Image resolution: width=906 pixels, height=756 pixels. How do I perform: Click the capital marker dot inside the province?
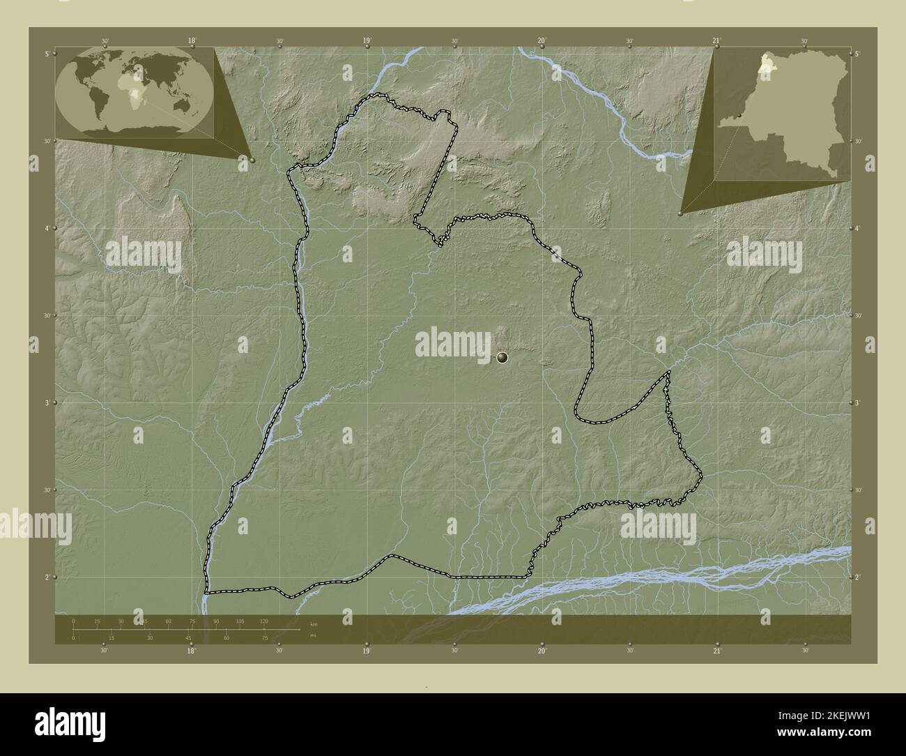point(502,358)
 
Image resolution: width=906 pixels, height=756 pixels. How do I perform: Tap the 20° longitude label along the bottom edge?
point(542,651)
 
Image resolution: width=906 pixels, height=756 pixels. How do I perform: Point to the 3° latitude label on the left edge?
point(46,403)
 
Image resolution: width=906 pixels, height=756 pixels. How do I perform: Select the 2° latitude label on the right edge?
point(858,577)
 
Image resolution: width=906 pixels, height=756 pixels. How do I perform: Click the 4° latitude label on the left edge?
point(46,229)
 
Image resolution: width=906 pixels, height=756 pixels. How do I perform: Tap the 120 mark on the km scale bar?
point(264,621)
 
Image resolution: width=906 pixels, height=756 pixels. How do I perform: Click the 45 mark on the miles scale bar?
point(187,637)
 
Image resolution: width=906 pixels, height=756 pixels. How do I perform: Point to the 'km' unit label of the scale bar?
point(314,625)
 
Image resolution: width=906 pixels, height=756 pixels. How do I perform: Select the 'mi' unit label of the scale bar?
point(314,635)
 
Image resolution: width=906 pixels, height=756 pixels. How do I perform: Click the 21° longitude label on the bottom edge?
point(716,651)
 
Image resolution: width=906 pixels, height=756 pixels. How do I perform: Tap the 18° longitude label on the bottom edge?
point(192,651)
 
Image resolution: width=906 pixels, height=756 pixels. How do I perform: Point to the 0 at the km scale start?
point(73,621)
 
